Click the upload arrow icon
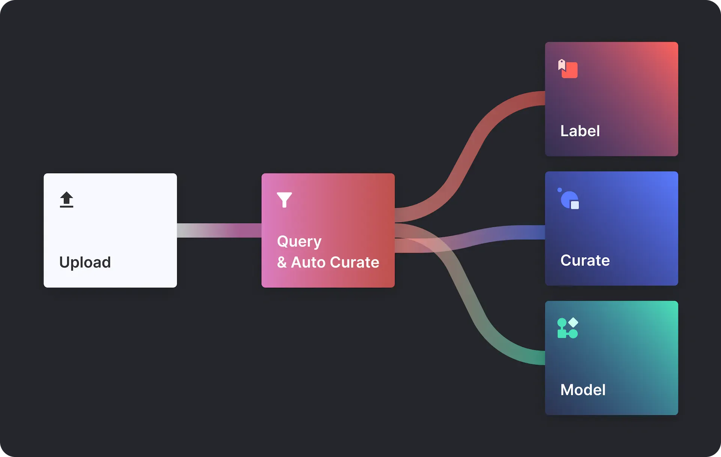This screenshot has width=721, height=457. [x=66, y=200]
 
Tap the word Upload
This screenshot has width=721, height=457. [x=85, y=262]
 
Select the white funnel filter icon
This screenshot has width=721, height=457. [x=284, y=200]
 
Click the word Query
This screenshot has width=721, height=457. [x=299, y=242]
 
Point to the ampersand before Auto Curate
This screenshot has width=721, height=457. [x=282, y=262]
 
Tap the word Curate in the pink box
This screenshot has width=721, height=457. [x=354, y=262]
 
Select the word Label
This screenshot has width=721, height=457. [x=580, y=131]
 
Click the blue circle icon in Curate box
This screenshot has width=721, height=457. [x=569, y=199]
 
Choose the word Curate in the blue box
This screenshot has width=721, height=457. [x=585, y=260]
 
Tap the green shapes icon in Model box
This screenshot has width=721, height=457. [x=567, y=328]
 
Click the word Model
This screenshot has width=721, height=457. [x=583, y=390]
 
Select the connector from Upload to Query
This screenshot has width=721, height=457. [x=219, y=230]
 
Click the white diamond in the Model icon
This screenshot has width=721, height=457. [x=573, y=322]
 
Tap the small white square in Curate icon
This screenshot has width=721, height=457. [x=575, y=205]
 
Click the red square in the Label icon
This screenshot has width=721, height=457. [x=570, y=70]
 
